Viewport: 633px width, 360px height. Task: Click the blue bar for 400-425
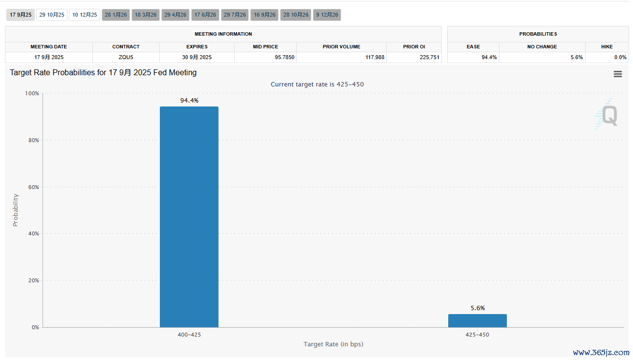(x=189, y=217)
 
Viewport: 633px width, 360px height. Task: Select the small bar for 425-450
(x=477, y=320)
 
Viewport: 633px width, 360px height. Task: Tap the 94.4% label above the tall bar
(x=189, y=100)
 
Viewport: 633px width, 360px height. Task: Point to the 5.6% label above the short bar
(x=478, y=308)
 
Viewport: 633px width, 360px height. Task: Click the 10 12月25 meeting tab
(x=85, y=15)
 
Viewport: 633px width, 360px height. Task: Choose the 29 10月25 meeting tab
(x=52, y=15)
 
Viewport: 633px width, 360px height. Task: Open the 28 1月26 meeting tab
(x=116, y=15)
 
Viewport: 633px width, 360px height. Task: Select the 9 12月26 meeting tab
(x=327, y=15)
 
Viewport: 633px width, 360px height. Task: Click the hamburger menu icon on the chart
(x=618, y=74)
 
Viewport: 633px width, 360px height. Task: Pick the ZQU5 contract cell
(x=126, y=57)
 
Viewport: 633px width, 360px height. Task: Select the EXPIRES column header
(x=196, y=46)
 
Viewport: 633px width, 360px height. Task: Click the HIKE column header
(x=607, y=46)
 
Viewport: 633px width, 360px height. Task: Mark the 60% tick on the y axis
(x=32, y=187)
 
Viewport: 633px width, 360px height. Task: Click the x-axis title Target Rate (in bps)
(x=333, y=344)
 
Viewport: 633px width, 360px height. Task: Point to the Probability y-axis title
(x=15, y=210)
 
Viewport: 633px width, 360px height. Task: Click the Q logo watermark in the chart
(x=608, y=115)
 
